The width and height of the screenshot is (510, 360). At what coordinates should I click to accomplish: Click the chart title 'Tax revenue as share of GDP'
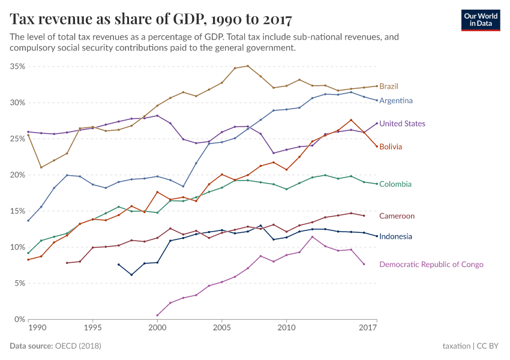151,19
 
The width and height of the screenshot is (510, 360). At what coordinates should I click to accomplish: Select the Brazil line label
389,86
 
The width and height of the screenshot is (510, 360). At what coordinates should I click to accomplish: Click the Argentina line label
395,100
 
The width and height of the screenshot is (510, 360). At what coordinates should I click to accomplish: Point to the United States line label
402,124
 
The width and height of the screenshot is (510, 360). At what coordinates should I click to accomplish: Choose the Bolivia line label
390,146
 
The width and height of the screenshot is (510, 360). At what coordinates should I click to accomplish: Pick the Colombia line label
395,184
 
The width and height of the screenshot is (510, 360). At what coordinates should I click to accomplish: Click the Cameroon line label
397,216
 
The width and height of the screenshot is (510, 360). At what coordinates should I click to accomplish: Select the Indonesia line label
395,236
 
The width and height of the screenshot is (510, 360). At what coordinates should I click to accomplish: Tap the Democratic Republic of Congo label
431,264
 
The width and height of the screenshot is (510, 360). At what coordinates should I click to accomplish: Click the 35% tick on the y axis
17,67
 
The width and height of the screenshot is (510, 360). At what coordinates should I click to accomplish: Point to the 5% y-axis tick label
19,283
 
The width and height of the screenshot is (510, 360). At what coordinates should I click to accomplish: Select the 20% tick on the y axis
17,175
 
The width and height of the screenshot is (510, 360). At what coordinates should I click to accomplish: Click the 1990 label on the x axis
37,328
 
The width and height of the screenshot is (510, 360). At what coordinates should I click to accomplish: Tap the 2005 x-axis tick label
221,328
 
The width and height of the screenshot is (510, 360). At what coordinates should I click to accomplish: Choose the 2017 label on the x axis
368,328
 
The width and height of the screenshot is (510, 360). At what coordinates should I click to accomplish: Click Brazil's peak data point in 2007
248,66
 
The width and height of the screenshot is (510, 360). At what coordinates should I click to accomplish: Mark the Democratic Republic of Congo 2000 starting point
157,315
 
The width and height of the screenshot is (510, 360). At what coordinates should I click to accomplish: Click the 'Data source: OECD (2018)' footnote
55,346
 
